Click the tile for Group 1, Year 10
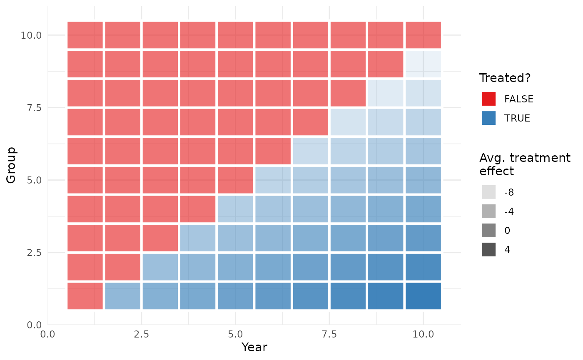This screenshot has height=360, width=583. click(x=423, y=296)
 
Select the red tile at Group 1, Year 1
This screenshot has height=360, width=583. click(x=85, y=296)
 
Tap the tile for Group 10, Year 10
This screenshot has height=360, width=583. click(x=423, y=35)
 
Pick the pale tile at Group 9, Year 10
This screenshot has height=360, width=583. click(x=423, y=64)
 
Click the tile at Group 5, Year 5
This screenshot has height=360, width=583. click(x=235, y=180)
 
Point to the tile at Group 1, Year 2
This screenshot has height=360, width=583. click(x=122, y=296)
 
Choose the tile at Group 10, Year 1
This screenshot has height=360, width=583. click(x=85, y=35)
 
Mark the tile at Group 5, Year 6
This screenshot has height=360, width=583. click(x=273, y=180)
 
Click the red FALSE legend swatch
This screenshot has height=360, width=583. click(x=488, y=99)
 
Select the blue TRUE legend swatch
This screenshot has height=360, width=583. click(x=488, y=118)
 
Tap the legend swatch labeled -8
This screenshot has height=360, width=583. click(x=488, y=192)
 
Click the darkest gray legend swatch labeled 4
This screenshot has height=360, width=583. click(x=488, y=249)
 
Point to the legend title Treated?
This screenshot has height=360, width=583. click(x=505, y=78)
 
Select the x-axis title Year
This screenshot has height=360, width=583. click(x=254, y=347)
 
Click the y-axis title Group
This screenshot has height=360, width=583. click(x=11, y=166)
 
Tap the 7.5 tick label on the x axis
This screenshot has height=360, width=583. click(x=329, y=334)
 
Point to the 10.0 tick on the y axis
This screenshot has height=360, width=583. click(x=31, y=35)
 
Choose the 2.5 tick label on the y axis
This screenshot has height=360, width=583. click(x=34, y=253)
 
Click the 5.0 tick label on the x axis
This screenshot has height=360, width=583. click(x=235, y=334)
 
